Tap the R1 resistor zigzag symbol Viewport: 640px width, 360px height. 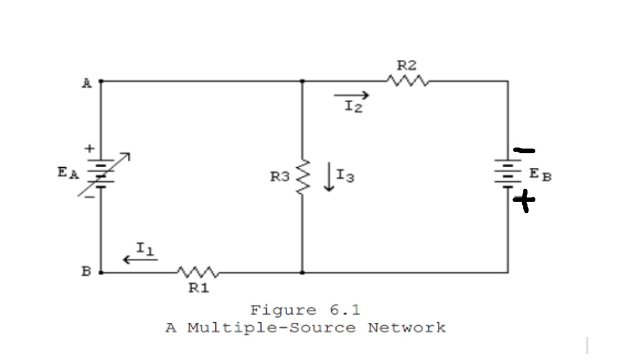(198, 272)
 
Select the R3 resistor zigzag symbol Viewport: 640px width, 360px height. (302, 177)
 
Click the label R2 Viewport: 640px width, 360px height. (407, 66)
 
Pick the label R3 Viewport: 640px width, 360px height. (279, 177)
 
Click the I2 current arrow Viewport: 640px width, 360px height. (351, 96)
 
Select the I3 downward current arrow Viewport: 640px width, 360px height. (329, 177)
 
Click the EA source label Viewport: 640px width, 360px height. (68, 173)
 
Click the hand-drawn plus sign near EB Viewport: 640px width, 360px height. (524, 201)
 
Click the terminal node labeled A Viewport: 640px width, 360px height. (101, 81)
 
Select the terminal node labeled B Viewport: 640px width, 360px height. (101, 272)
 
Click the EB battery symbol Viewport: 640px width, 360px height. (507, 173)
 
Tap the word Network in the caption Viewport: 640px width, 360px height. (407, 327)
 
